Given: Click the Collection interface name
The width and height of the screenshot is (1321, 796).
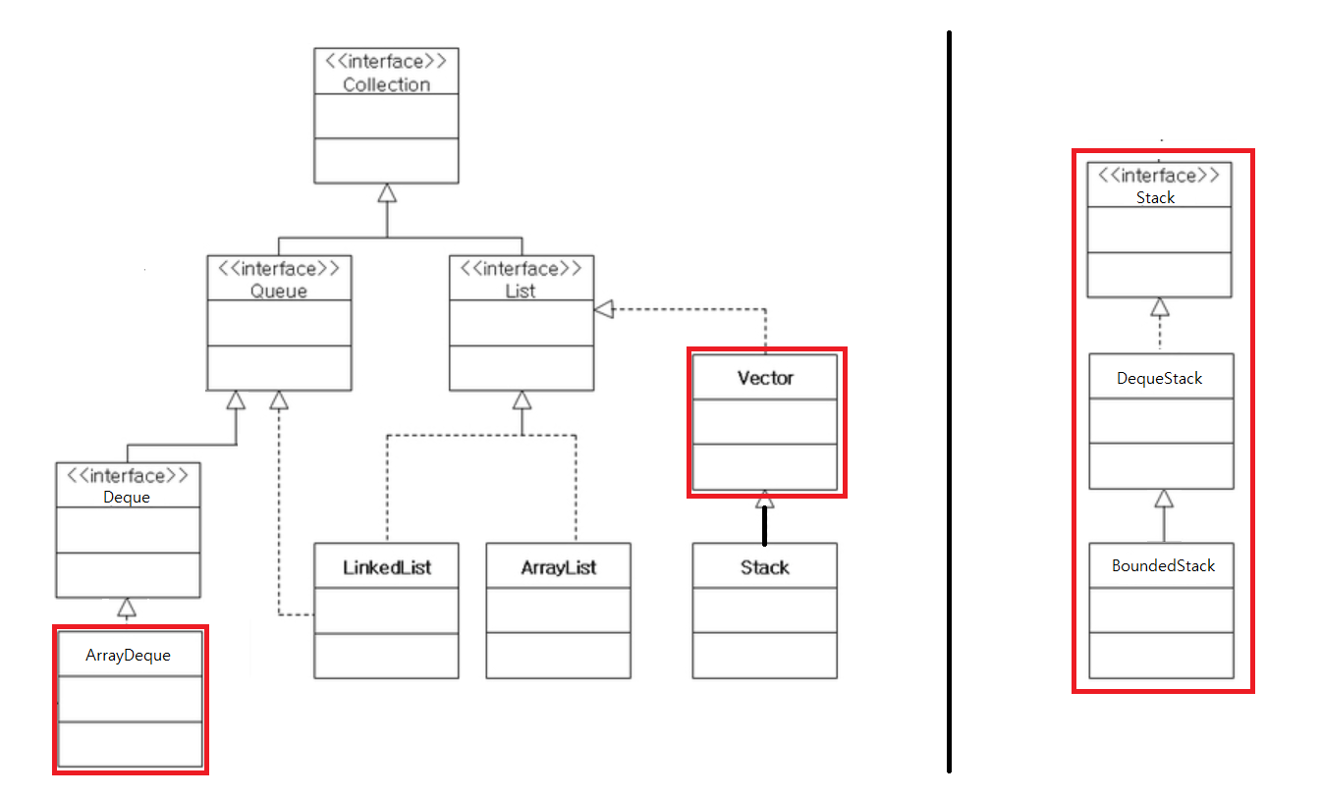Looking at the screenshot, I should [386, 84].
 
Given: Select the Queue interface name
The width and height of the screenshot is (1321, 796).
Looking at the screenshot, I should [279, 291].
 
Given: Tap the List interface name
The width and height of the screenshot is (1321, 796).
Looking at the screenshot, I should [521, 291].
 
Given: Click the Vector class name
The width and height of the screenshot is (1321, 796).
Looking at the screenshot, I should [765, 378].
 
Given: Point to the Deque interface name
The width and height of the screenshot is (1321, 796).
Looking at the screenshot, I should [127, 497].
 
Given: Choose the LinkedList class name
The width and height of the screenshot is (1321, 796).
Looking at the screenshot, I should [386, 567].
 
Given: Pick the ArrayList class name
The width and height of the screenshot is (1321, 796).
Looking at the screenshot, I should [558, 567].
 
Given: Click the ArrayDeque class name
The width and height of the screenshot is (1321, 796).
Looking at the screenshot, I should [128, 655].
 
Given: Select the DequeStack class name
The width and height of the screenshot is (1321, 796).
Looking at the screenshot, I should [1159, 378].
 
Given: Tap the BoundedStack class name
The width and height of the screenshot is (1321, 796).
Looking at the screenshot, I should [1163, 565].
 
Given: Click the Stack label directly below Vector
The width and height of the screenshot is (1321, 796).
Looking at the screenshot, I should [764, 567].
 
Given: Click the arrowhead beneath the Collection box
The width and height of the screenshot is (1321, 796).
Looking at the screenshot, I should [387, 192].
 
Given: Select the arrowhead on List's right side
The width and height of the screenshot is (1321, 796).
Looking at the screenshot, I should [603, 310].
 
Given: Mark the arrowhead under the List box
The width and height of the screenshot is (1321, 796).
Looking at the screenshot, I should [522, 399].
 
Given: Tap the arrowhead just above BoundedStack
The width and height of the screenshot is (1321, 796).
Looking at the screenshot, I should [1164, 499].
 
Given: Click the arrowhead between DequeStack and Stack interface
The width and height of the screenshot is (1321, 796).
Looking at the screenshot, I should [1160, 307].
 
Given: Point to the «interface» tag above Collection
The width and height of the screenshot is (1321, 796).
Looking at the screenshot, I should [386, 61].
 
